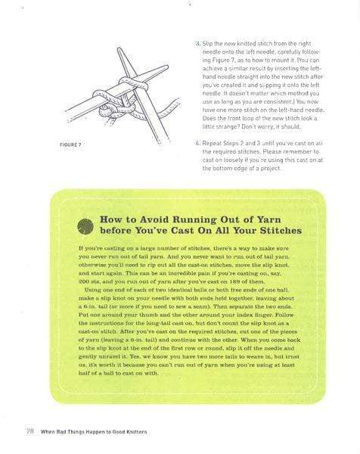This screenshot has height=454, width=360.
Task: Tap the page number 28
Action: point(29,431)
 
